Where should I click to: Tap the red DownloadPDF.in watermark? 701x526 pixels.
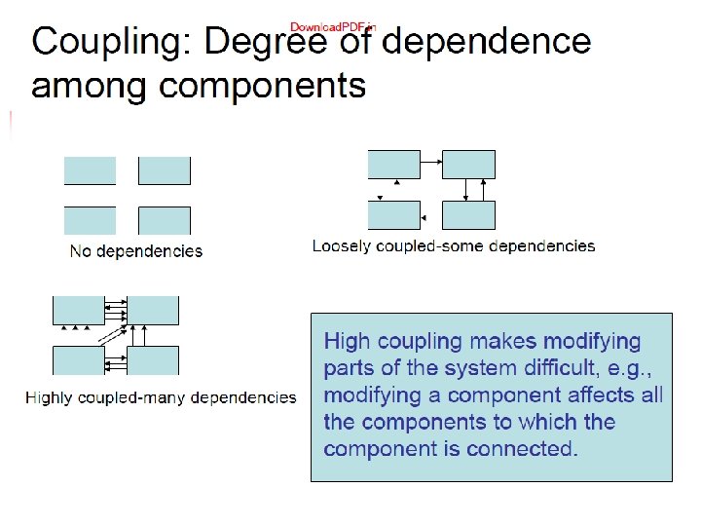click(333, 25)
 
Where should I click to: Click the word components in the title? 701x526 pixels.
click(262, 86)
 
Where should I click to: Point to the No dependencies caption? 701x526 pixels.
click(136, 251)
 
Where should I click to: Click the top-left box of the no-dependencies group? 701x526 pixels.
click(90, 170)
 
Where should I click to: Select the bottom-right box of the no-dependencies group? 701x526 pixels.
click(165, 220)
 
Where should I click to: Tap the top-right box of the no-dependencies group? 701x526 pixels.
click(165, 170)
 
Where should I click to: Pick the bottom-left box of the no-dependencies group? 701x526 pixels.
click(90, 220)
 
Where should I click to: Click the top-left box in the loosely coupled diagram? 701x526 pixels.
click(394, 165)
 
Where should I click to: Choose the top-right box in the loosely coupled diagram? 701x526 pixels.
click(468, 165)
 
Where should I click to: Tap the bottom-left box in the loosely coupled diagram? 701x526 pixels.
click(394, 214)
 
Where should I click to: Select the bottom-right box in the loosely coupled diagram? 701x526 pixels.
click(468, 214)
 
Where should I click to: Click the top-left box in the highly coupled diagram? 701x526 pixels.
click(78, 310)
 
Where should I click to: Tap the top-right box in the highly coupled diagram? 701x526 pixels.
click(153, 310)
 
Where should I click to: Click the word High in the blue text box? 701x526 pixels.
click(347, 342)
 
